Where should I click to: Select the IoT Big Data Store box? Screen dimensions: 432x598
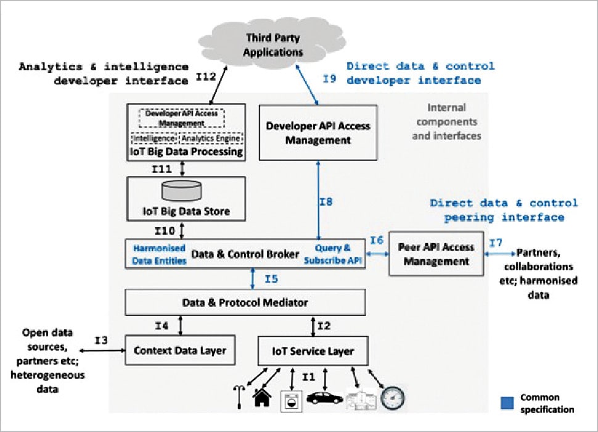(186, 197)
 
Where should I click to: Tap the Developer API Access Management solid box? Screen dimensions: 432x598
(318, 133)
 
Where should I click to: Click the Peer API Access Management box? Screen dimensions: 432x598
(436, 254)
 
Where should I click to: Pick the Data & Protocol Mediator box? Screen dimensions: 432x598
(245, 302)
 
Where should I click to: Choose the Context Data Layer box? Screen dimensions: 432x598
(181, 351)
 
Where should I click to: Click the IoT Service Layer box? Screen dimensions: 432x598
(313, 351)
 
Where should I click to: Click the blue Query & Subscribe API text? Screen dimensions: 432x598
(334, 254)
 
